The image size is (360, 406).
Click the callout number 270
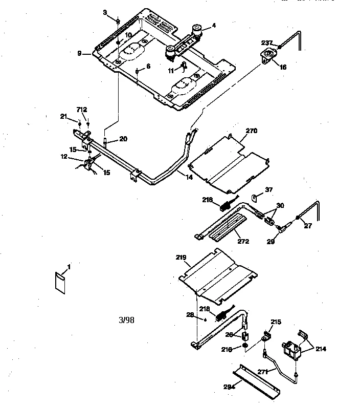coord(251,131)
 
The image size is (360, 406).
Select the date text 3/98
coord(126,320)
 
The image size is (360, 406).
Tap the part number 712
coord(82,110)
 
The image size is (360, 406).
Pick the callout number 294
coord(229,388)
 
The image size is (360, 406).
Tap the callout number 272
coord(243,241)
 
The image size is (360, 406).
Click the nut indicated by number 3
coord(118,22)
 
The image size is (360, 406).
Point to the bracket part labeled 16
coord(267,56)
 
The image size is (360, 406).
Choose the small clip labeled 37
coord(254,197)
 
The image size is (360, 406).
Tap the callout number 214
coord(321,349)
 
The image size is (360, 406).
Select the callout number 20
coord(123,138)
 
